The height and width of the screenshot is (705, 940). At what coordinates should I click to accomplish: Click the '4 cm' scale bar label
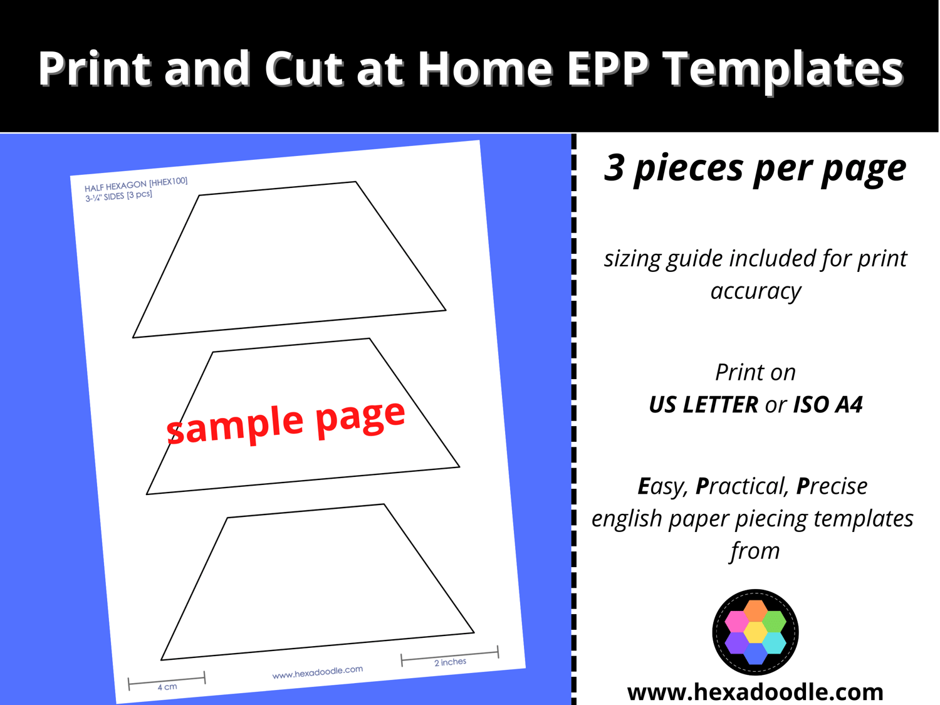(x=167, y=687)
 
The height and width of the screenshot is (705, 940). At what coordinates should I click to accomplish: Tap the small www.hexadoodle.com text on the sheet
(x=317, y=672)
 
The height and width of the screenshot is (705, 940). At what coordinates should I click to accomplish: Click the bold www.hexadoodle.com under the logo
(x=755, y=692)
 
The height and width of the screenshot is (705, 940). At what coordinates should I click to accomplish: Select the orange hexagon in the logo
(x=755, y=610)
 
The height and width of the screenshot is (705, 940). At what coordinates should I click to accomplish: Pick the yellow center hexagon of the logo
(x=755, y=632)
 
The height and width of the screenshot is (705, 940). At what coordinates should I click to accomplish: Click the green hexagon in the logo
(x=775, y=621)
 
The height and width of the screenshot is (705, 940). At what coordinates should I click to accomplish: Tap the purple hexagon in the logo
(x=736, y=643)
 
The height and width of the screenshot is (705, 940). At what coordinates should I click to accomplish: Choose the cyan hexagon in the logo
(x=775, y=643)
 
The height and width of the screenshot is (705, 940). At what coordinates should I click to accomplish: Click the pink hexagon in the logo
(x=736, y=621)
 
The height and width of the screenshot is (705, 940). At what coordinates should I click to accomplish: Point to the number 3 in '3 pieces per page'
(x=614, y=167)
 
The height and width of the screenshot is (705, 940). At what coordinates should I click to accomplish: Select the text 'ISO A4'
(x=828, y=405)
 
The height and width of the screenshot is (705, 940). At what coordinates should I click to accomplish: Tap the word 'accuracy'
(x=755, y=292)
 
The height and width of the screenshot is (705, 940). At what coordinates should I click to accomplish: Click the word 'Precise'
(x=832, y=486)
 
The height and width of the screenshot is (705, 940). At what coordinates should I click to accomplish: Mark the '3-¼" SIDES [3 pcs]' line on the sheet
(x=118, y=196)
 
